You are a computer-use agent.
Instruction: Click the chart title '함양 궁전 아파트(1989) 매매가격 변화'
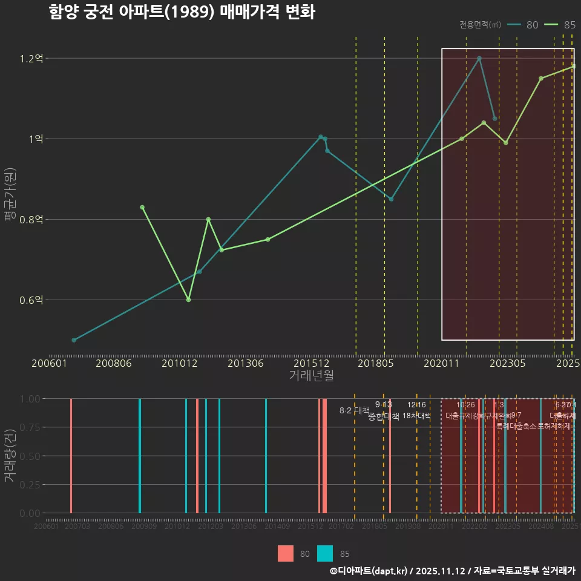182,13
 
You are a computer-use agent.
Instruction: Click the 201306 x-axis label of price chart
245,363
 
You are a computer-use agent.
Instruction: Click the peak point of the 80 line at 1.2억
479,59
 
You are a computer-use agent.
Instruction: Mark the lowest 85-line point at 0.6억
189,300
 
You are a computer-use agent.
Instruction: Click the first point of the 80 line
74,340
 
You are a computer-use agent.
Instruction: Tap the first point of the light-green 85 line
142,208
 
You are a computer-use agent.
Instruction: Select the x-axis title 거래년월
311,375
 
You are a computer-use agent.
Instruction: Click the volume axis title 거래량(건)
10,456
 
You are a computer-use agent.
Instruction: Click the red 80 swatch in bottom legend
286,553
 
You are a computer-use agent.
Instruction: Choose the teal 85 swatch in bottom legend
325,553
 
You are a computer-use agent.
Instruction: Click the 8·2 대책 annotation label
355,410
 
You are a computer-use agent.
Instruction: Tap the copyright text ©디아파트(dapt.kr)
369,571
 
